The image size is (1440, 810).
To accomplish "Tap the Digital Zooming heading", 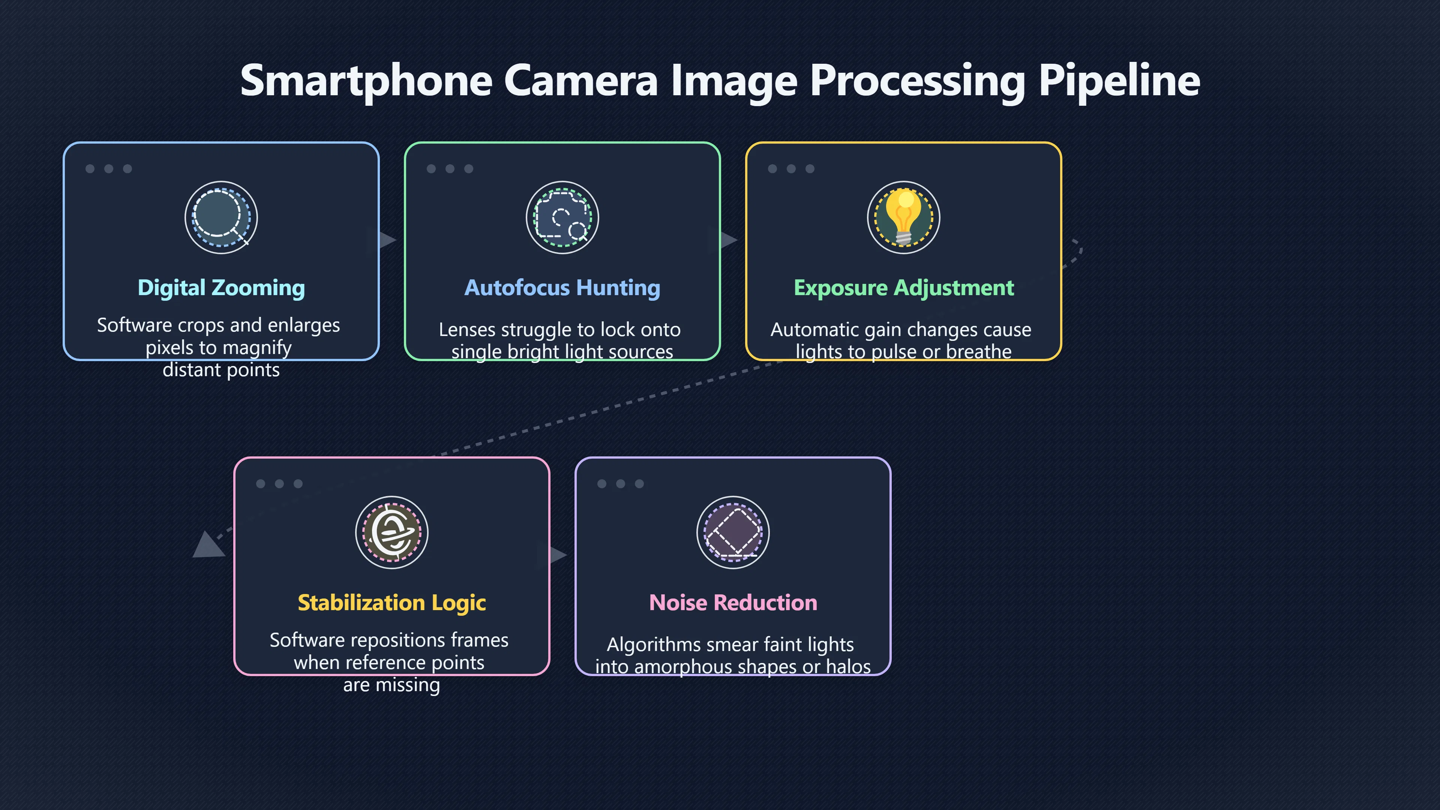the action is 221,288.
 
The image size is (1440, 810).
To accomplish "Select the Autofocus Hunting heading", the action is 562,288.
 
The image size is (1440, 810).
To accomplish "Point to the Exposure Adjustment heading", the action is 903,288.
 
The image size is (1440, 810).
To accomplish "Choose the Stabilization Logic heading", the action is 392,603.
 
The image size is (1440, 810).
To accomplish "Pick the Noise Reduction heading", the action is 733,603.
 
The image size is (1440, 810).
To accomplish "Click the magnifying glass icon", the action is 221,217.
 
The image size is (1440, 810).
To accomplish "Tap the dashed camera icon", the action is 562,217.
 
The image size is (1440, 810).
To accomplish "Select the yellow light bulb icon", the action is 903,217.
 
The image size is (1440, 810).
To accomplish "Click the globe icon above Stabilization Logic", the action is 392,532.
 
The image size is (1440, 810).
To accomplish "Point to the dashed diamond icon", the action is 733,532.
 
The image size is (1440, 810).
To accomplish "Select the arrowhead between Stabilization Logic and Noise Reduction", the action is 558,555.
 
